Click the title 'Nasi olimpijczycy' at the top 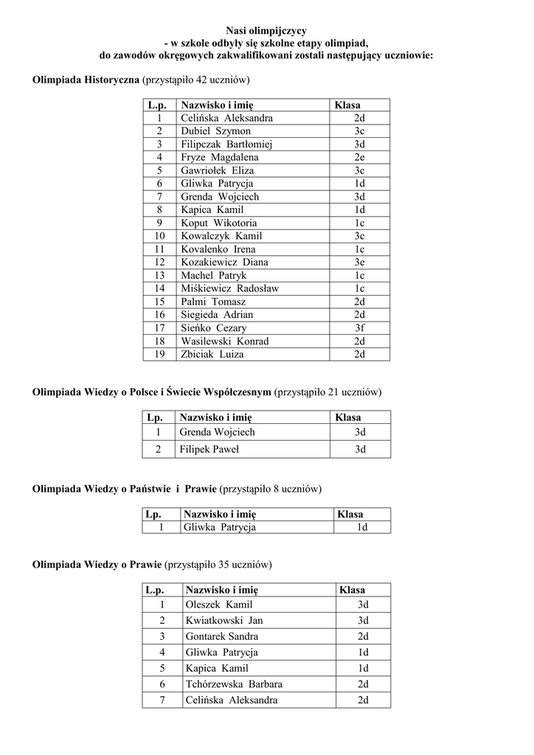pyautogui.click(x=266, y=30)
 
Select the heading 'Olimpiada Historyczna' pyautogui.click(x=86, y=79)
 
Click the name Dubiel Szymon pyautogui.click(x=215, y=131)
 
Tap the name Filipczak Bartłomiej pyautogui.click(x=227, y=145)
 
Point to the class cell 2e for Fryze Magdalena pyautogui.click(x=359, y=157)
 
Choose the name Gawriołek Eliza pyautogui.click(x=218, y=170)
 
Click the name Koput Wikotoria pyautogui.click(x=216, y=223)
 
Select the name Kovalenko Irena pyautogui.click(x=218, y=249)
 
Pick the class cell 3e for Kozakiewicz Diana pyautogui.click(x=359, y=262)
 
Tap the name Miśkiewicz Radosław pyautogui.click(x=230, y=288)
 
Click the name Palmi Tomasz pyautogui.click(x=213, y=302)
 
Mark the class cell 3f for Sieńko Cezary pyautogui.click(x=359, y=328)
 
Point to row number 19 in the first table pyautogui.click(x=159, y=354)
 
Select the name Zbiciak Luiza pyautogui.click(x=212, y=354)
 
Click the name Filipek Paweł pyautogui.click(x=209, y=448)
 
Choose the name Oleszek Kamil pyautogui.click(x=219, y=605)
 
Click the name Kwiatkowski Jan pyautogui.click(x=224, y=621)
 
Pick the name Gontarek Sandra pyautogui.click(x=222, y=636)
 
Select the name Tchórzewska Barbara pyautogui.click(x=234, y=684)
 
